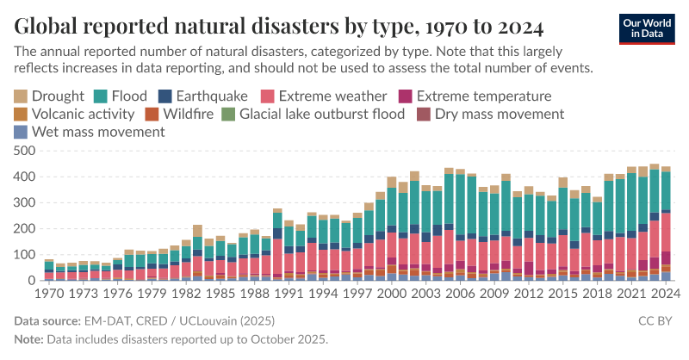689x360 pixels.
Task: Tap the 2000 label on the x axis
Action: pos(392,293)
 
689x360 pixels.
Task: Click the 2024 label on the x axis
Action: pos(665,293)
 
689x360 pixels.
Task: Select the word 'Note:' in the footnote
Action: pos(31,338)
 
